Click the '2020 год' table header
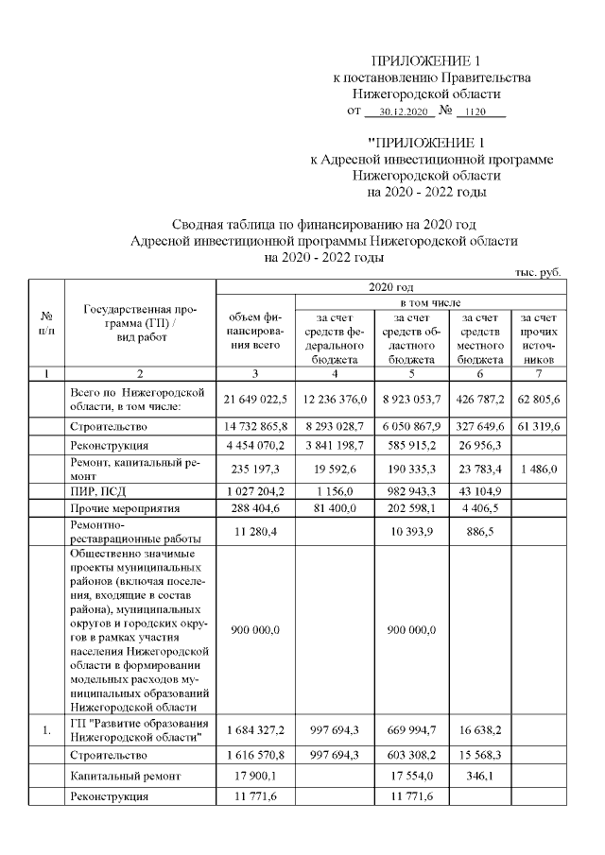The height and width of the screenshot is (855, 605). click(389, 286)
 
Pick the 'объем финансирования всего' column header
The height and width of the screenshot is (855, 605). click(256, 332)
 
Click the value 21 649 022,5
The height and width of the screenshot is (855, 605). click(256, 400)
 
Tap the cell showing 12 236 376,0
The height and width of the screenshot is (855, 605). click(336, 400)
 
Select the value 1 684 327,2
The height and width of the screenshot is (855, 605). click(256, 730)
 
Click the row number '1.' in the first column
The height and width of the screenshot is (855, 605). click(45, 730)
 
